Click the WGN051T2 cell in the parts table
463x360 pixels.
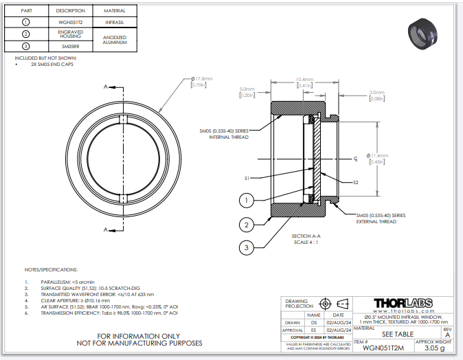(x=70, y=22)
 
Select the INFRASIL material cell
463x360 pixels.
(x=114, y=22)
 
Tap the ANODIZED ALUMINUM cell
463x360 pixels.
(x=114, y=39)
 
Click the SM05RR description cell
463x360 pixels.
(x=70, y=45)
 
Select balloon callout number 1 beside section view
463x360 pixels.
(x=247, y=201)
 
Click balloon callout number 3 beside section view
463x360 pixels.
(x=247, y=247)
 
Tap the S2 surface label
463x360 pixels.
(x=356, y=183)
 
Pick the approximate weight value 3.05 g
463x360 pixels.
(x=433, y=348)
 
